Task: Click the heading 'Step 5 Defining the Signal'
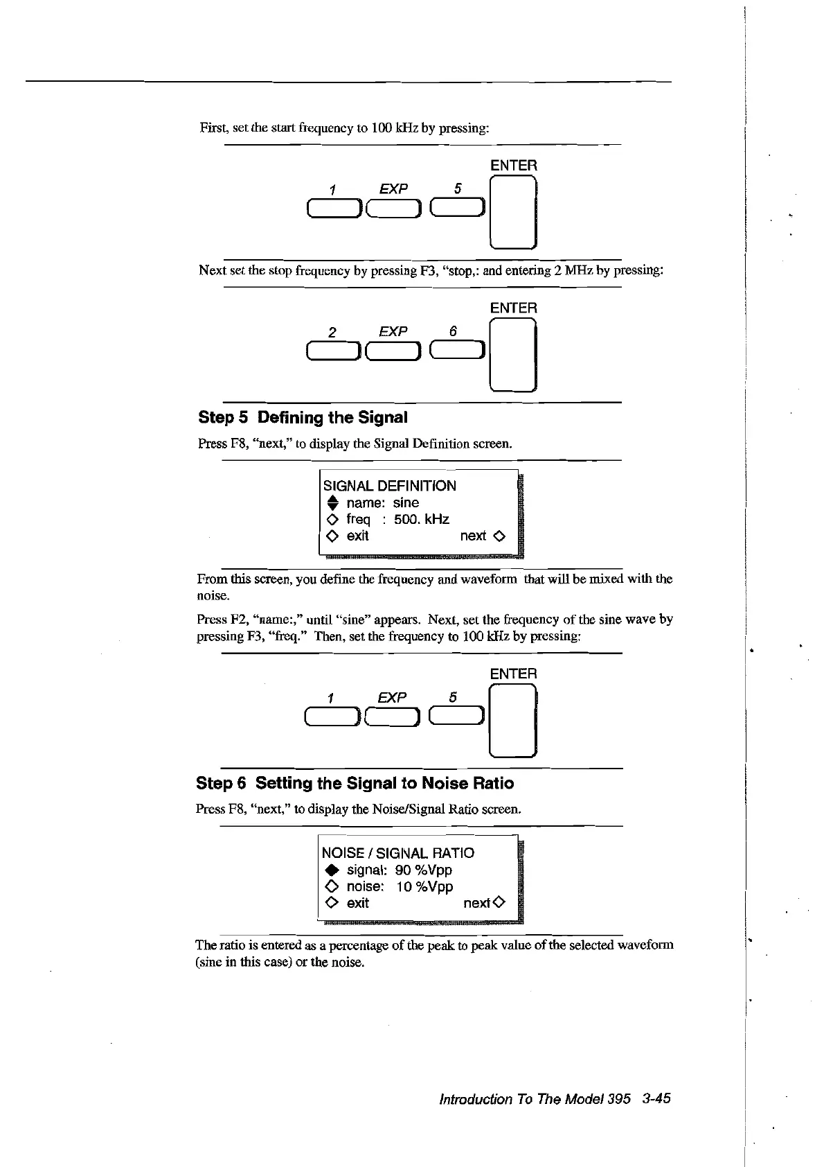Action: click(303, 417)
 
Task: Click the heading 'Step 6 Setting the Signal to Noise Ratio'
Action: click(355, 783)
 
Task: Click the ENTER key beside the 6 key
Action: click(513, 354)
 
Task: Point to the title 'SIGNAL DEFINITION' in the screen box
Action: click(390, 486)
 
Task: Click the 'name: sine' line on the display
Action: click(382, 502)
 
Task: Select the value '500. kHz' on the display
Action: click(422, 519)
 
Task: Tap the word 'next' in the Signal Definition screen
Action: click(473, 536)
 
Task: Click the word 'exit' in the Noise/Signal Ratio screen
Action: click(357, 903)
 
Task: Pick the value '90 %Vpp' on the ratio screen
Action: click(424, 870)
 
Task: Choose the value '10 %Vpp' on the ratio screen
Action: click(424, 886)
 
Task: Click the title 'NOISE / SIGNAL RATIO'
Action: click(398, 853)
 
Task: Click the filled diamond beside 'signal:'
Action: click(330, 870)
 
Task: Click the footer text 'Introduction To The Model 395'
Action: click(535, 1099)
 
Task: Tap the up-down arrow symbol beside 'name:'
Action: click(332, 503)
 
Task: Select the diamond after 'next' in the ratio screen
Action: click(500, 903)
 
